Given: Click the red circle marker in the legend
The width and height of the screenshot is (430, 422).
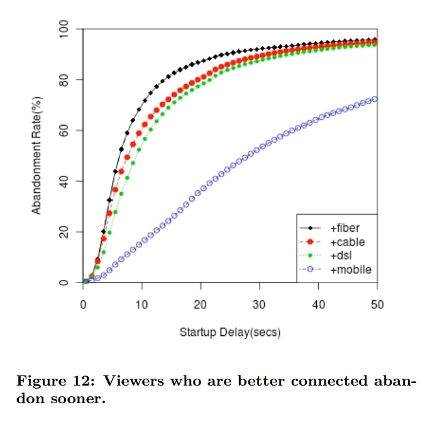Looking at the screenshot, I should (313, 242).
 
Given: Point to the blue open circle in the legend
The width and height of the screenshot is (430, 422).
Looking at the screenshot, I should (313, 269).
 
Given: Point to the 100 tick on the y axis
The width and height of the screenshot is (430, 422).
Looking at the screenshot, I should (65, 29).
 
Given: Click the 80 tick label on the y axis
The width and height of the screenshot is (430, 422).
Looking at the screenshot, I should (65, 80).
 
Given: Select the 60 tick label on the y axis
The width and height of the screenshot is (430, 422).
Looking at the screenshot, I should (65, 131).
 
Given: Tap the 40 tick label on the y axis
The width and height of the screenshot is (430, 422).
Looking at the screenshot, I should (65, 181).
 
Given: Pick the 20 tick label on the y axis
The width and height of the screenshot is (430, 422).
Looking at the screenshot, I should (65, 232).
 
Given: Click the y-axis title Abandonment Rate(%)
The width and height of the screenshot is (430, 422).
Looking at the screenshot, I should (37, 156).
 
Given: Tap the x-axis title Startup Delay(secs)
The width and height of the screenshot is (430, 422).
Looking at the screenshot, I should (230, 332).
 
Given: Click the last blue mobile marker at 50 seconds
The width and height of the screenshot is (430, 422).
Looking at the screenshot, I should (375, 99).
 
